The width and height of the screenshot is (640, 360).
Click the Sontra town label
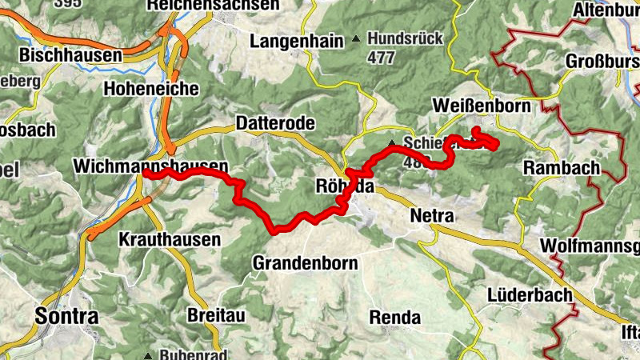(x=66, y=316)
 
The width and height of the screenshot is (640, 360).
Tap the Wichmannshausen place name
(x=150, y=166)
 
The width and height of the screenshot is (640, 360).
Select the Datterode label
(x=275, y=123)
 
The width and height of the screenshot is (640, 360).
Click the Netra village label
(x=431, y=216)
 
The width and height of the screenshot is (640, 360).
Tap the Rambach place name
(x=562, y=168)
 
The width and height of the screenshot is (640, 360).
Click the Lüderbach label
(x=530, y=294)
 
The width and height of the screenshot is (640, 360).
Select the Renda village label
(x=394, y=317)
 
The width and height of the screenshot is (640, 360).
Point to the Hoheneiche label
(x=150, y=89)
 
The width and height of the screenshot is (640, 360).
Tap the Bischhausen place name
(x=70, y=55)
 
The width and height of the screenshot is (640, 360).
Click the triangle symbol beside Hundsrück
(x=356, y=38)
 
